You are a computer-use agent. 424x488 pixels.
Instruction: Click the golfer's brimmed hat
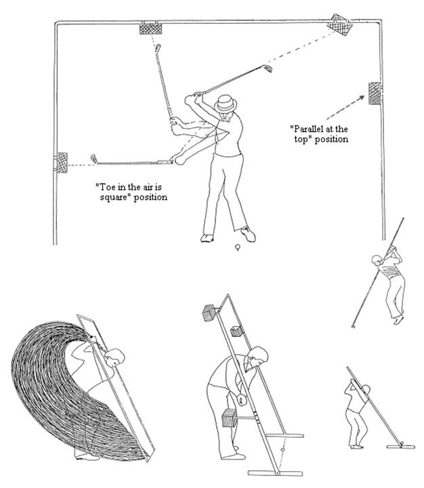[226, 104]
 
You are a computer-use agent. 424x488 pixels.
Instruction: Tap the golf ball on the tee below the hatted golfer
[238, 246]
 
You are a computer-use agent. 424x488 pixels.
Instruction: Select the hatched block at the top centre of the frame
[150, 28]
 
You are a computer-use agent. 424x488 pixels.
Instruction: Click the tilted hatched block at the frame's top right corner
[340, 25]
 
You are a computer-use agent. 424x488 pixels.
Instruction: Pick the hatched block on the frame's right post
[375, 94]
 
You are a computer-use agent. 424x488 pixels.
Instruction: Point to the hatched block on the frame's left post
[61, 163]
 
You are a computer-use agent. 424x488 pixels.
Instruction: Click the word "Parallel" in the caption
[308, 129]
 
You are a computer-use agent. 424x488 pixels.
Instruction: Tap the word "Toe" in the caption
[103, 187]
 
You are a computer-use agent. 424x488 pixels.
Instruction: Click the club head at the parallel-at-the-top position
[268, 68]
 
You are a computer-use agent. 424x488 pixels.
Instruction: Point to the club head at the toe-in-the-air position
[93, 159]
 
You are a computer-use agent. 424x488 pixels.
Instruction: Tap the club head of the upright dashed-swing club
[158, 48]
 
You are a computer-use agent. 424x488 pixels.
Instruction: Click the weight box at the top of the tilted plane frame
[210, 312]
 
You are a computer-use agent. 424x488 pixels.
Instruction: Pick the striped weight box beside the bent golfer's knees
[229, 418]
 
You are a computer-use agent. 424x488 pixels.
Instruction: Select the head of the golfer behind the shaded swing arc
[114, 357]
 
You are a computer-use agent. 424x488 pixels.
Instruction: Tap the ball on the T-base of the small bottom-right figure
[402, 443]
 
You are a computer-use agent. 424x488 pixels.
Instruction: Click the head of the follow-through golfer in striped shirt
[377, 260]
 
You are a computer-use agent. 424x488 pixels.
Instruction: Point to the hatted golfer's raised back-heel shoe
[249, 234]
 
